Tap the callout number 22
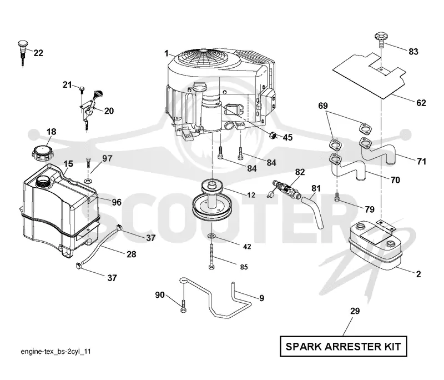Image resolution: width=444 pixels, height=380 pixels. click(x=38, y=53)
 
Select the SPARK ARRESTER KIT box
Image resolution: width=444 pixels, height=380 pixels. click(x=343, y=346)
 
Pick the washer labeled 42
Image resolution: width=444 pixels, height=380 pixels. click(x=211, y=236)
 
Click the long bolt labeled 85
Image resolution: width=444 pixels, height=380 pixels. click(x=211, y=257)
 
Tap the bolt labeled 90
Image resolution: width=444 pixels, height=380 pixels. click(x=183, y=306)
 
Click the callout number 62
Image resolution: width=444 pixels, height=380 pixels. click(x=421, y=103)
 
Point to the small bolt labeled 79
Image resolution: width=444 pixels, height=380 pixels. click(x=337, y=197)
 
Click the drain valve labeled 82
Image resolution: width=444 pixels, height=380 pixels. click(x=286, y=189)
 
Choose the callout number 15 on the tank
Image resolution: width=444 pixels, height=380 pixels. click(x=68, y=163)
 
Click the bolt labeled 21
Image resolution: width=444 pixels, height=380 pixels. click(x=82, y=89)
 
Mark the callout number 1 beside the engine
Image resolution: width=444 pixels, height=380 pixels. click(x=167, y=53)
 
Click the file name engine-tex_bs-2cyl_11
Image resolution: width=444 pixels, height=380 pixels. click(x=56, y=351)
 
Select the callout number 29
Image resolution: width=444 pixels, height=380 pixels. click(x=355, y=311)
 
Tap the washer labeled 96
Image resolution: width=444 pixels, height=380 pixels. click(x=89, y=180)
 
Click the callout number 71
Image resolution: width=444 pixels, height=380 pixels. click(x=421, y=161)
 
